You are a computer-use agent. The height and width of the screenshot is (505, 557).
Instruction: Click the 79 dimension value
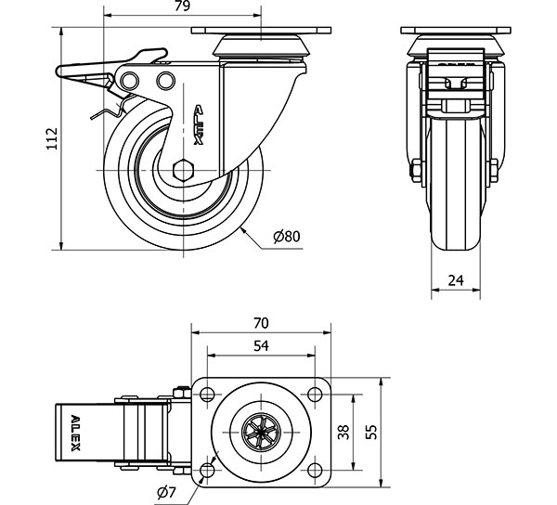[x=182, y=7]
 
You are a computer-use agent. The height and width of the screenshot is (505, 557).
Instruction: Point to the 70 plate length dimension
[x=261, y=323]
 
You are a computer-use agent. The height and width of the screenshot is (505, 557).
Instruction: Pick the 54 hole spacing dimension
[x=261, y=345]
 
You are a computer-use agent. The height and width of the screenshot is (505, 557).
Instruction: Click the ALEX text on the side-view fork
[x=198, y=124]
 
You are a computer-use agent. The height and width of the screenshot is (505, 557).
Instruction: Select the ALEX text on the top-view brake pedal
[x=75, y=434]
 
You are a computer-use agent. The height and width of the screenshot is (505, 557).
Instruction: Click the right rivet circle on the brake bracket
[x=165, y=80]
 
